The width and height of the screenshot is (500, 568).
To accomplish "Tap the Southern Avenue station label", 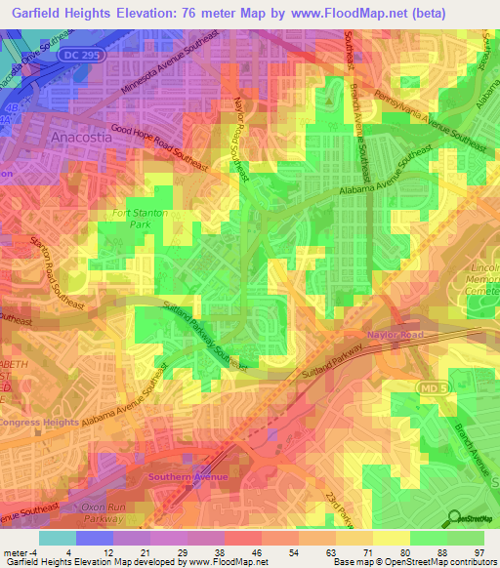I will point(187,476).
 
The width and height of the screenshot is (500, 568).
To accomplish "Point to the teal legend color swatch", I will point(58,538).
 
